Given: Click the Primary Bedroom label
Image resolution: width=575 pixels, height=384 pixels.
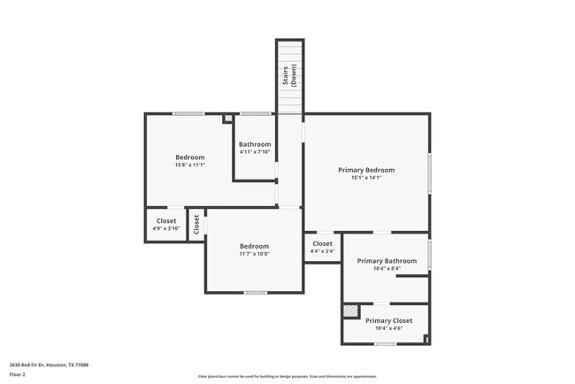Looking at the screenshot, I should [366, 169].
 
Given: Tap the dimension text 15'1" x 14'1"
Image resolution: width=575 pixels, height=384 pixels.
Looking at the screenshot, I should [366, 178].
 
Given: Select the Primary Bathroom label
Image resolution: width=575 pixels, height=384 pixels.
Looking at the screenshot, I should [387, 261].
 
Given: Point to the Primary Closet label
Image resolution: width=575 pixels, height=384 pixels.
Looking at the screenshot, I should [388, 320].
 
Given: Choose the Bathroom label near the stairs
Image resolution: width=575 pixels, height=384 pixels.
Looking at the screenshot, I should [255, 144].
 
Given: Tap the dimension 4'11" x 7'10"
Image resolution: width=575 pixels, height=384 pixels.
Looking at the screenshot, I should [255, 152].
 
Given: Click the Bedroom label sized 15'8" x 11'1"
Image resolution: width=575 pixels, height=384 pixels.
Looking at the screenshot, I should [190, 157].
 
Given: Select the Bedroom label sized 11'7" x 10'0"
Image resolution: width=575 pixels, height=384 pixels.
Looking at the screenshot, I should [254, 246].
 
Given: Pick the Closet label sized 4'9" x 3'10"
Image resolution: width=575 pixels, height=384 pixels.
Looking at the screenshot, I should [166, 220].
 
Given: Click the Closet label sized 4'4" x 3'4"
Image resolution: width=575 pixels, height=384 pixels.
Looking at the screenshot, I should [322, 243].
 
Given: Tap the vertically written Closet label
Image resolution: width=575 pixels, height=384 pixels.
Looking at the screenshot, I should [196, 224].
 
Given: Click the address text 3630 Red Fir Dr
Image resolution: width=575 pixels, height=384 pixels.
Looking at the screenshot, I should [49, 365].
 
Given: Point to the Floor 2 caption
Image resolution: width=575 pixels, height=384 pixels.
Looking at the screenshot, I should [19, 375].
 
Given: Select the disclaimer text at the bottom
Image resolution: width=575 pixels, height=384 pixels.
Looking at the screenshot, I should [287, 376].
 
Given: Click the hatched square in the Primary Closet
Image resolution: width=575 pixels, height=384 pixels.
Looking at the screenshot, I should [351, 311].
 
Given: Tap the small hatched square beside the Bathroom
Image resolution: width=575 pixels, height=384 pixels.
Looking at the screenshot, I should [228, 117].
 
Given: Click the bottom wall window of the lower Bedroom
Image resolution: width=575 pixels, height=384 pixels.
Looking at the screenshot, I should [255, 292].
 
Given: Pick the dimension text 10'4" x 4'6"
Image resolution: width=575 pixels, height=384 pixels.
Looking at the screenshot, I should [388, 329].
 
